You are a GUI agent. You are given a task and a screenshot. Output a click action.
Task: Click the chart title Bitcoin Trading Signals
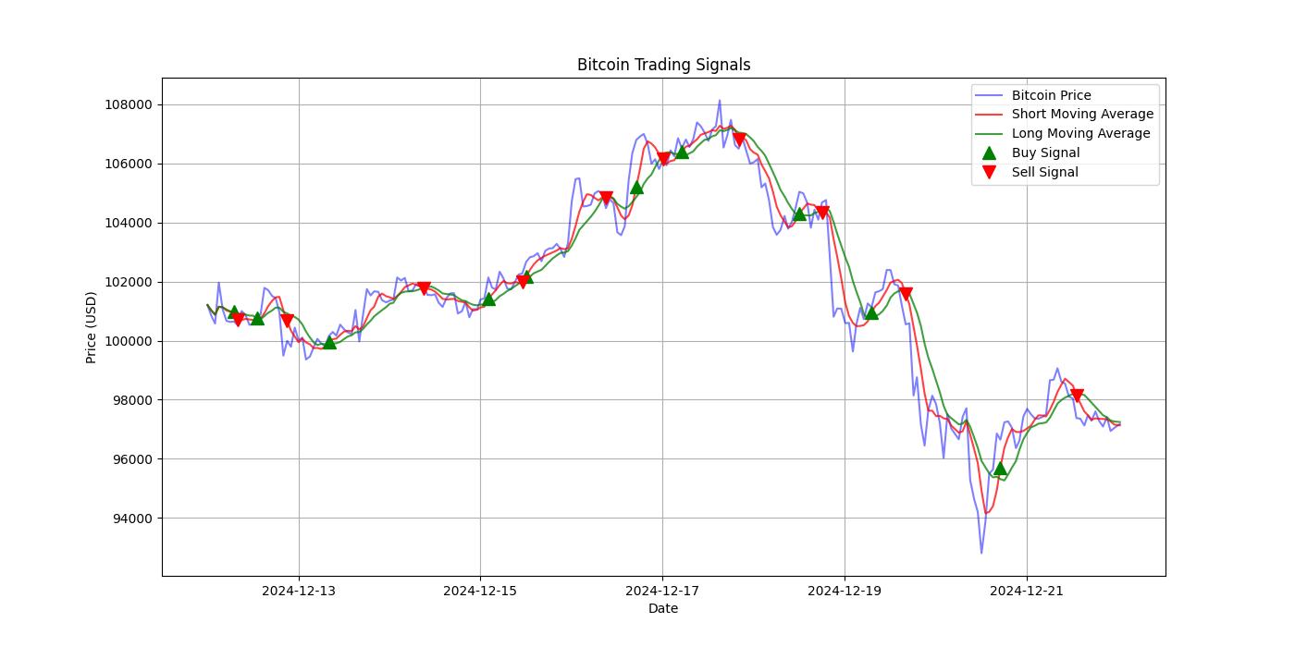point(663,65)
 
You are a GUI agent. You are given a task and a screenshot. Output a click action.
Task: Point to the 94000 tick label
point(129,519)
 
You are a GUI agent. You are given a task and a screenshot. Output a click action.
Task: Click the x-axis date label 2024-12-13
point(298,591)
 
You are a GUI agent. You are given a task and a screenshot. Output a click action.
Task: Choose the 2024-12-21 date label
point(1026,591)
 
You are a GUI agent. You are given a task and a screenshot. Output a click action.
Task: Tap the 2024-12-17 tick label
point(662,591)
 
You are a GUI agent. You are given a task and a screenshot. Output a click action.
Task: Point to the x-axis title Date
point(662,608)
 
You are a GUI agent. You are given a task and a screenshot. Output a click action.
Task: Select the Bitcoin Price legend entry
point(1051,95)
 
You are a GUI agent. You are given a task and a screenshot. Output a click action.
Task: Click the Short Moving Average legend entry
point(1081,115)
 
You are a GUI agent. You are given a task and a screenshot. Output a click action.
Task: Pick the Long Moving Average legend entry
point(1080,134)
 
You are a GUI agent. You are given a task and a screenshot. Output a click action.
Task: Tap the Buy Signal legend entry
point(1045,153)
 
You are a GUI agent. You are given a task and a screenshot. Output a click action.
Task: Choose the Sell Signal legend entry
point(1044,172)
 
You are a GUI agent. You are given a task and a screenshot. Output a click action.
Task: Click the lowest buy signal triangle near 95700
point(1000,468)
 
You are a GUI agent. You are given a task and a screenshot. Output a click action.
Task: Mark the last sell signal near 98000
point(1077,396)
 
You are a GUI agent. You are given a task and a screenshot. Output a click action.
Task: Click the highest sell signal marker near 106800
point(739,140)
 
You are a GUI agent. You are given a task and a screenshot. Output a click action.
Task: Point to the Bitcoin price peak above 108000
point(720,101)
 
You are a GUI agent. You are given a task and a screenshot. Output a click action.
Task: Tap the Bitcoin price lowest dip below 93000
point(981,553)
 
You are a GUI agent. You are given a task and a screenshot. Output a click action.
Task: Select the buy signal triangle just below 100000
point(329,342)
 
